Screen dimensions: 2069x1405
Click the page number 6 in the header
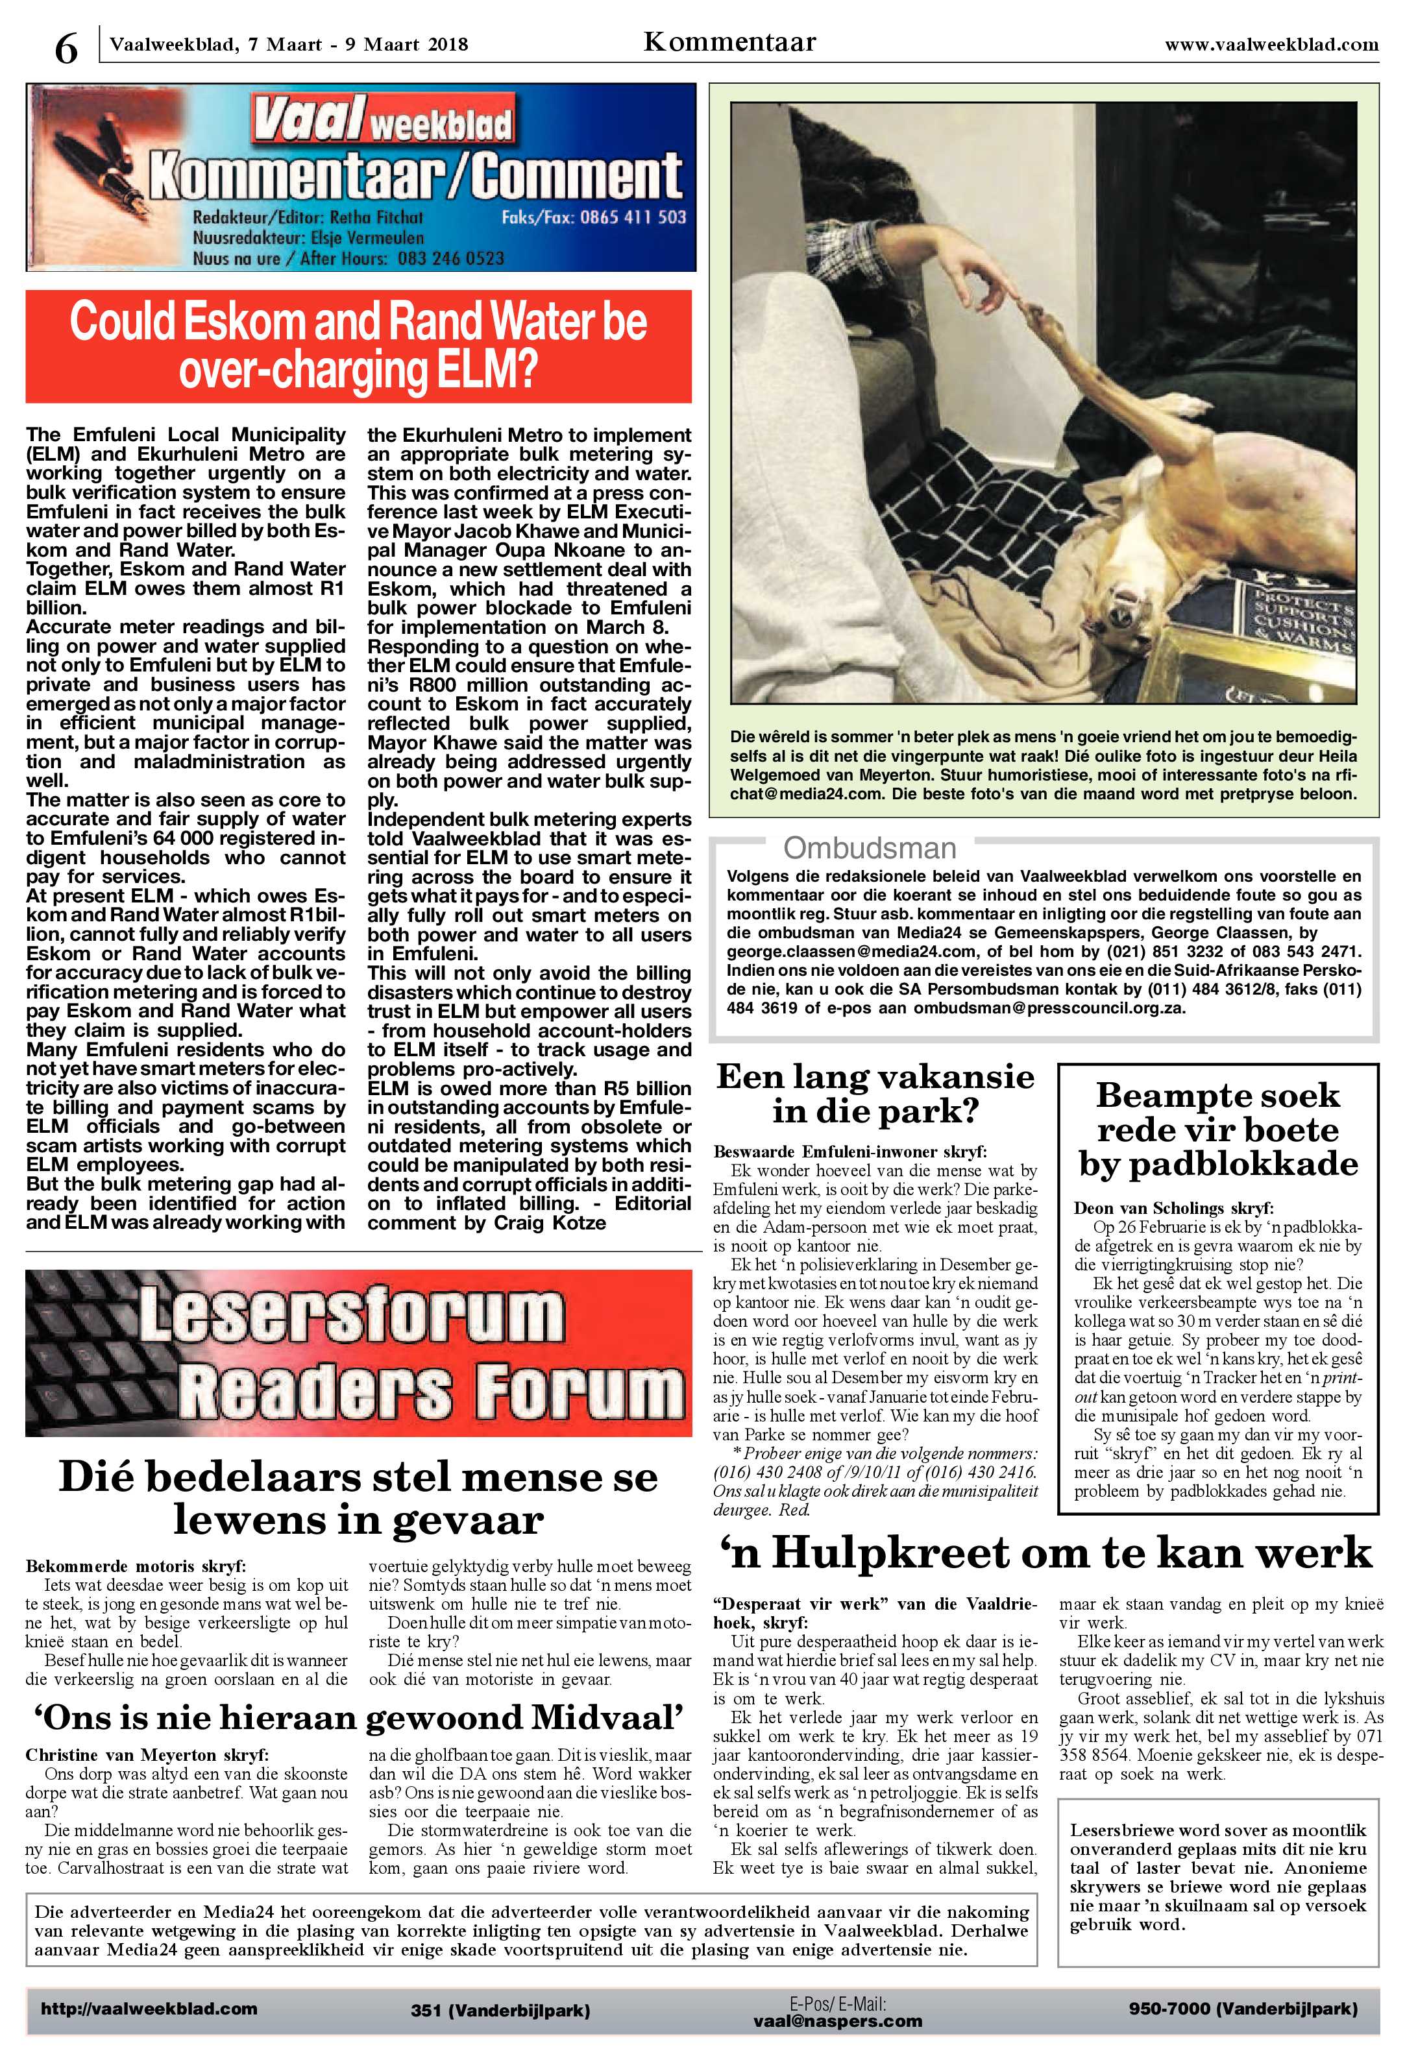[x=66, y=46]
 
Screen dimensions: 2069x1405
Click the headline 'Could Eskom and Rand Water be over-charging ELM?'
[x=358, y=345]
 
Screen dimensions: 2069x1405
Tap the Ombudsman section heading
[x=869, y=847]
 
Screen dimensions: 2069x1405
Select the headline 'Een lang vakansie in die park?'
[x=875, y=1093]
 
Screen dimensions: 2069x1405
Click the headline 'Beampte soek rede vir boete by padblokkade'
[x=1217, y=1129]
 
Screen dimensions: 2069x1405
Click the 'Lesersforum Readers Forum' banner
[x=358, y=1353]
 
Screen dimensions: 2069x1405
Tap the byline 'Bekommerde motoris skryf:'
[x=136, y=1566]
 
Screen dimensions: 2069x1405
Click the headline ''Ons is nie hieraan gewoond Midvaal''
[x=358, y=1717]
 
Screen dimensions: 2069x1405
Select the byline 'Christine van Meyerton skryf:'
[x=146, y=1755]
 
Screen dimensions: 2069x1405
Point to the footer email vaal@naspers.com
[x=837, y=2020]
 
